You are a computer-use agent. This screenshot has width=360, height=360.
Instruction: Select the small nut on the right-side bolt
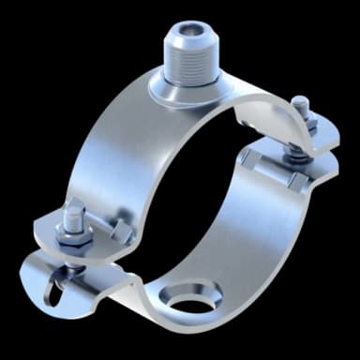[300, 115]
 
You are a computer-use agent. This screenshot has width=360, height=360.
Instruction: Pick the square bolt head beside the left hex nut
[120, 232]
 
